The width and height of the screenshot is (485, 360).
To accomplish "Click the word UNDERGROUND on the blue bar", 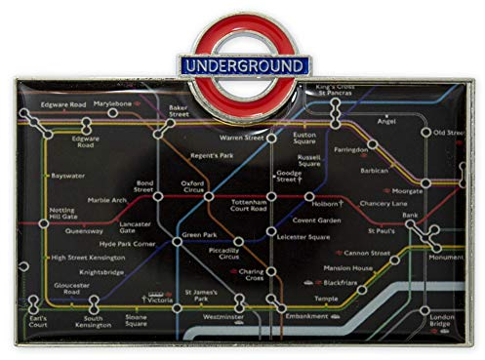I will pos(242,65).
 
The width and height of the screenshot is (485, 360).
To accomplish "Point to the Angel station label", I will pos(386,122).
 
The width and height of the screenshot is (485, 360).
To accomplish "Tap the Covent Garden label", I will pos(329,220).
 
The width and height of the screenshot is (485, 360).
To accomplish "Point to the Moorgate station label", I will pos(407,191).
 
